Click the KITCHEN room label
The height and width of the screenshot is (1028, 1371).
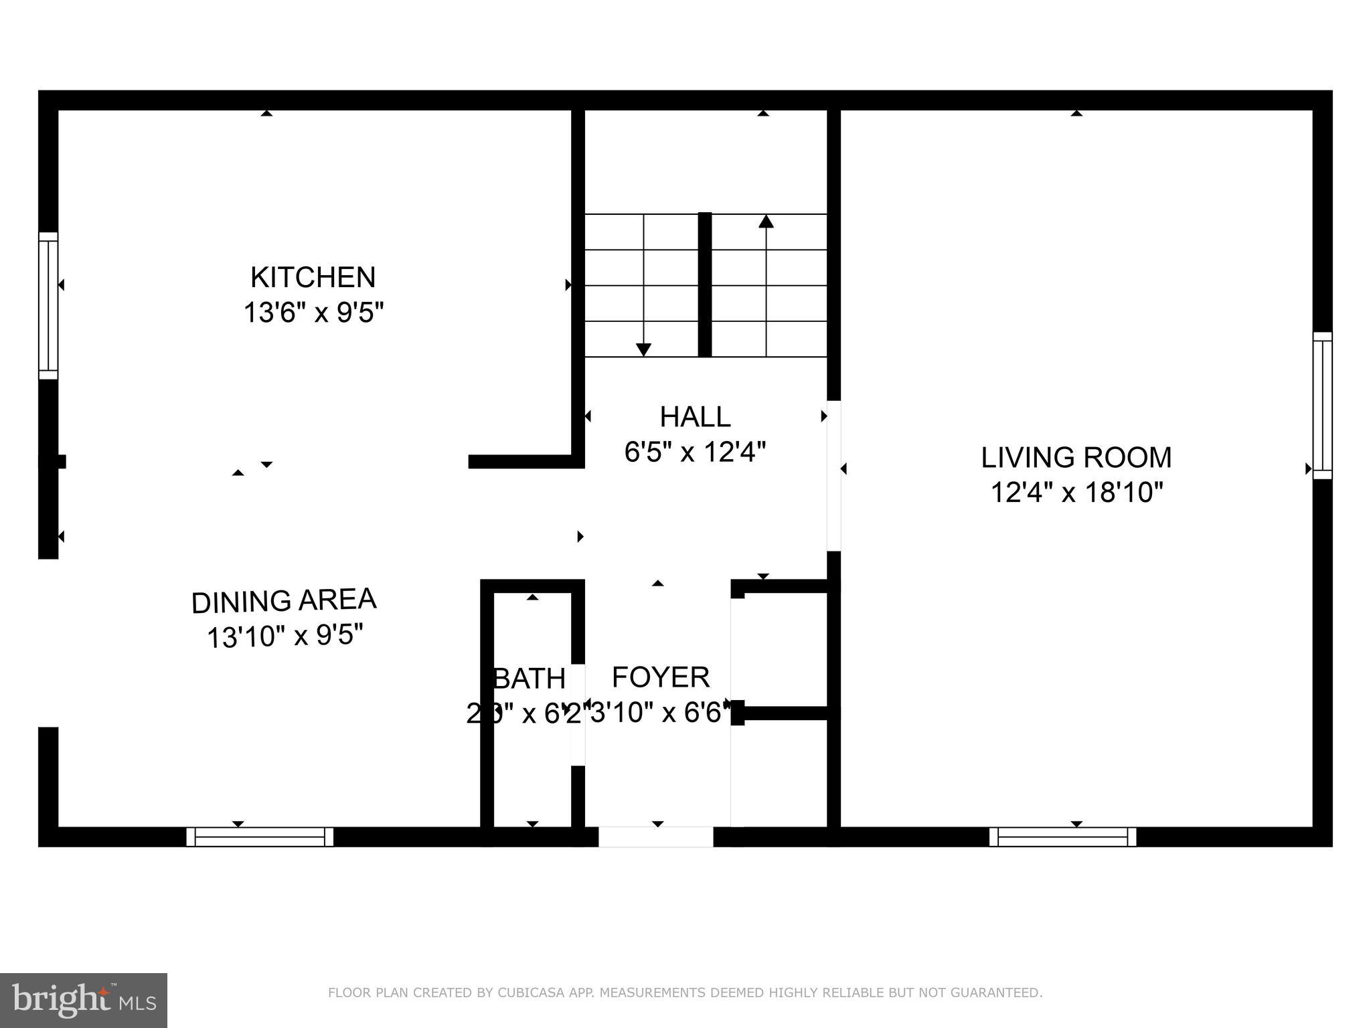313,277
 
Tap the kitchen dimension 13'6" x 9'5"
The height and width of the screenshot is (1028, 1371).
313,313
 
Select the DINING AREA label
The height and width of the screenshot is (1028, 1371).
284,601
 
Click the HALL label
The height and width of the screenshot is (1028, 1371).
695,417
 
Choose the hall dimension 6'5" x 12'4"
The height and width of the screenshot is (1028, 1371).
695,452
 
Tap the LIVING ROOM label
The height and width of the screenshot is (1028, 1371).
1076,458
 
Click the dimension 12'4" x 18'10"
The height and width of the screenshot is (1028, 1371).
1076,493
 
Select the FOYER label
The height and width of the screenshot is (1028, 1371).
661,677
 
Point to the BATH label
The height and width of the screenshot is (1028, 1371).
530,679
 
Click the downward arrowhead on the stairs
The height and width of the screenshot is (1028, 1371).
643,349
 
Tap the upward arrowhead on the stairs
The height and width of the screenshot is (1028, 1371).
766,222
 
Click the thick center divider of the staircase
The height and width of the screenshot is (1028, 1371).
704,284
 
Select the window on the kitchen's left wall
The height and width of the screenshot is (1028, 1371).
48,306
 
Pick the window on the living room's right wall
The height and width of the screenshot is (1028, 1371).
1322,406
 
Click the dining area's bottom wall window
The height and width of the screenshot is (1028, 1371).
260,837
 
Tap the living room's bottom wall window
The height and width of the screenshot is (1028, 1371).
1062,837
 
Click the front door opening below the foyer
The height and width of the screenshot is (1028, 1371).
655,837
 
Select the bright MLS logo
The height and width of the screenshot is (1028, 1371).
84,1001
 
